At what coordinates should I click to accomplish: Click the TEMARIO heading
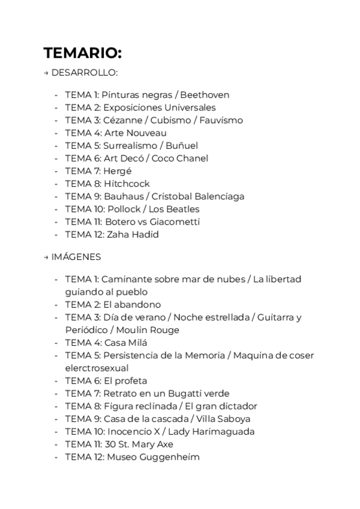coord(82,53)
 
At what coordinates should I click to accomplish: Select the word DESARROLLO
coord(85,73)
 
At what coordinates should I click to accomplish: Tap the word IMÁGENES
coord(76,257)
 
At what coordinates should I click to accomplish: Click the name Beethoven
coord(205,95)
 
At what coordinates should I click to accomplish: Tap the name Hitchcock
coord(127,184)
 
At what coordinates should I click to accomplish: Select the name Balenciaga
coord(217,196)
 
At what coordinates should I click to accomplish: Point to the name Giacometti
coord(175,221)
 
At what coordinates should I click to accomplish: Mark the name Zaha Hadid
coord(133,235)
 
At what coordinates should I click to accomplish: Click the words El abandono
coord(132,304)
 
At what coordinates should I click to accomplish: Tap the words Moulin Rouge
coord(149,330)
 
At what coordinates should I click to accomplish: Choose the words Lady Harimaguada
coord(211,432)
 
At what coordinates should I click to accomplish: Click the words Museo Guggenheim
coord(153,457)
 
